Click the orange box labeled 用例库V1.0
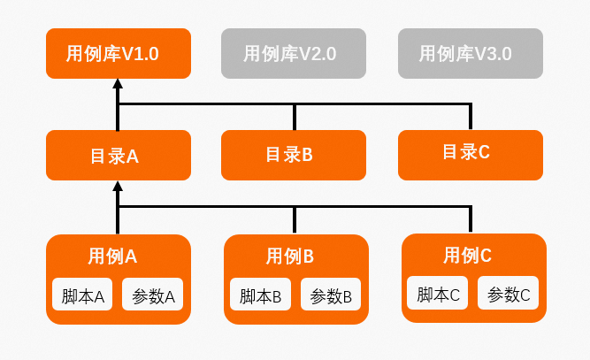[118, 53]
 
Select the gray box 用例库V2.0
[293, 53]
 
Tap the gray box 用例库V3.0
[470, 53]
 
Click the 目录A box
[118, 156]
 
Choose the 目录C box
[470, 154]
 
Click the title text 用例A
[112, 257]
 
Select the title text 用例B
[290, 257]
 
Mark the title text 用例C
[468, 256]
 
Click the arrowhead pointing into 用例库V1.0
[118, 85]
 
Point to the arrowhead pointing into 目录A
[118, 187]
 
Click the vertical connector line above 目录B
[295, 117]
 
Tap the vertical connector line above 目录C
[471, 117]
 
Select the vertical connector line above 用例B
[295, 220]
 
